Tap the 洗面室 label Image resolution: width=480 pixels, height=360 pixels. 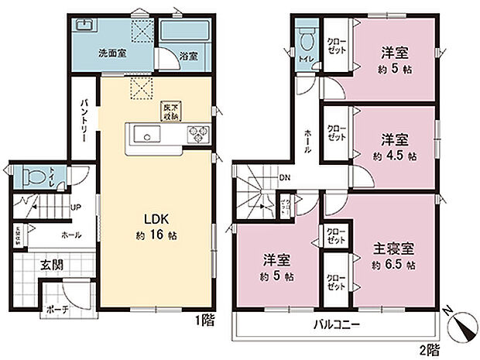click(x=111, y=55)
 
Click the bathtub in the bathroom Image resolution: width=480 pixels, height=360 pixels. click(x=185, y=33)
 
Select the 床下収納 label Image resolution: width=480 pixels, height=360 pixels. click(x=171, y=111)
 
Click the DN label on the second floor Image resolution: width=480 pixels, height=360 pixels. click(x=284, y=176)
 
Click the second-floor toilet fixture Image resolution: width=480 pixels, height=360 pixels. click(x=305, y=37)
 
